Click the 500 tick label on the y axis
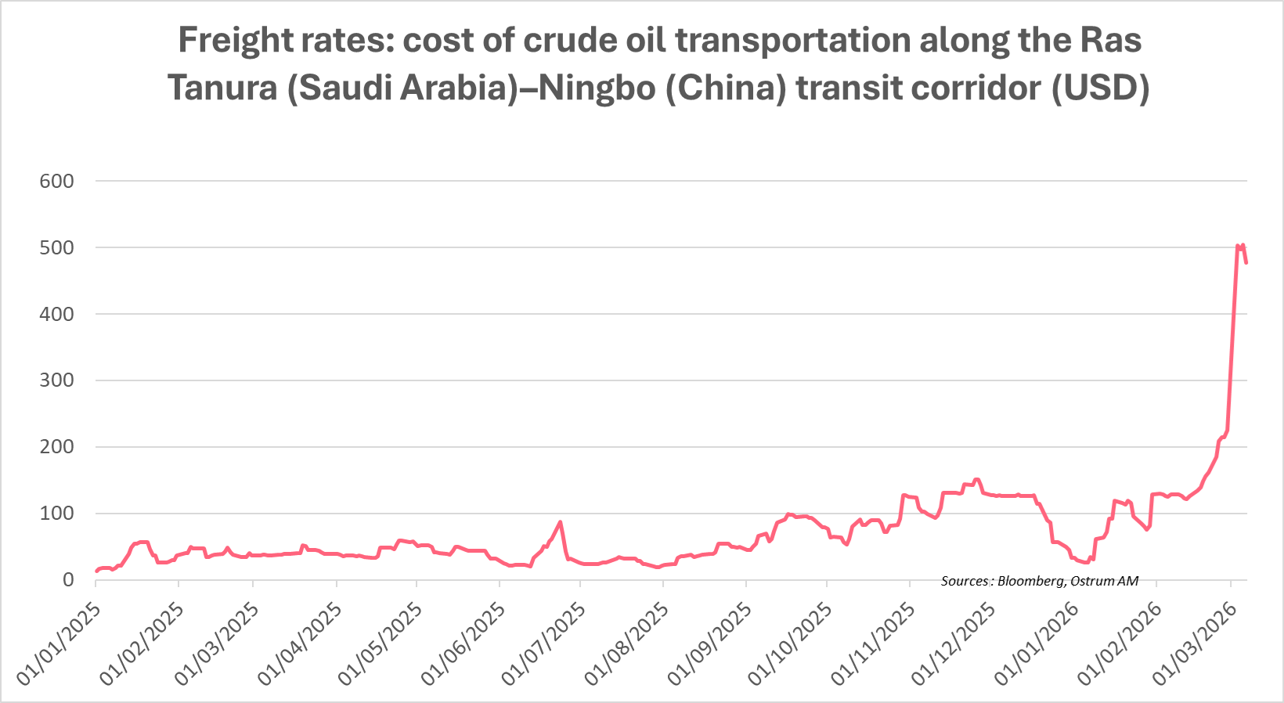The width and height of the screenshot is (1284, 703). click(56, 248)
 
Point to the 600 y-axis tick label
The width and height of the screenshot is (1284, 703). click(56, 182)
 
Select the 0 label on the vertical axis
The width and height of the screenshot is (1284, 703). click(68, 580)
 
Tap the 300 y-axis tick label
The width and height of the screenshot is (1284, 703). click(56, 381)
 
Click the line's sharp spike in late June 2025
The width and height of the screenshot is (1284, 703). click(560, 522)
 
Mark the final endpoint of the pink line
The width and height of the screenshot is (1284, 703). click(1246, 263)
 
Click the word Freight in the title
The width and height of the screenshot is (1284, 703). click(226, 41)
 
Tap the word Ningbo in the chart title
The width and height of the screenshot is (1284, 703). click(596, 88)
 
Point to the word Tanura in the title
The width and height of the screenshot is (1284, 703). click(221, 88)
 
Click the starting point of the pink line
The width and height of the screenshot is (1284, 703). click(96, 571)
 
